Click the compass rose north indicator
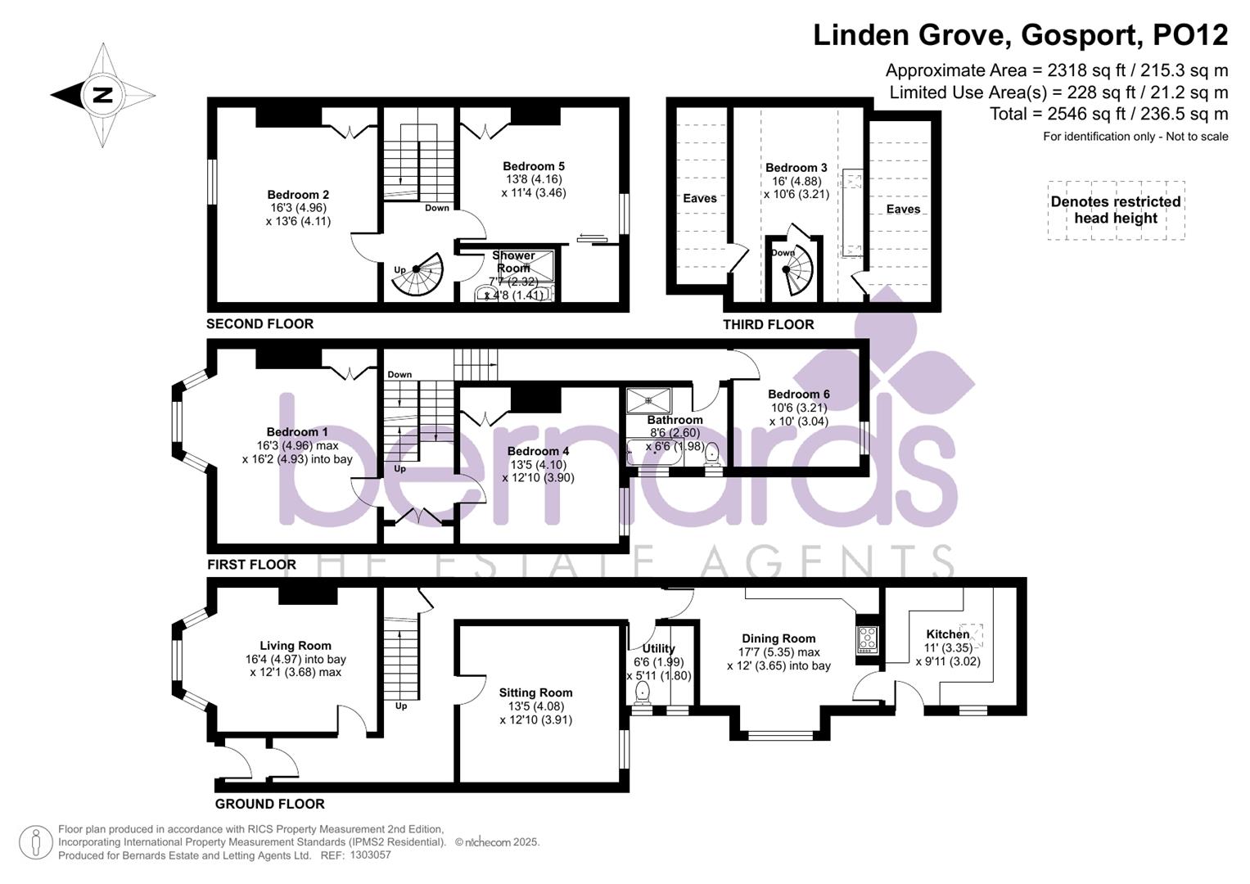[102, 95]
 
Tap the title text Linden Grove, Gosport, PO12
[1020, 35]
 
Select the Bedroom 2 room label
[298, 195]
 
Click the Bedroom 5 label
[534, 166]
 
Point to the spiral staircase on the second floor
[417, 275]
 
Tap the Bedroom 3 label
[796, 168]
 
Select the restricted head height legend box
[1116, 210]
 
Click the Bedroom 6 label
[798, 395]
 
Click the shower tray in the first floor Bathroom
[648, 400]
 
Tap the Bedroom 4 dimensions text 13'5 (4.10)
[538, 464]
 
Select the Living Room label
[296, 646]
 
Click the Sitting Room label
[535, 692]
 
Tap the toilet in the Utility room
[643, 692]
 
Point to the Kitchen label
[947, 634]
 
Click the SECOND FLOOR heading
[259, 324]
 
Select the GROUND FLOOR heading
[269, 804]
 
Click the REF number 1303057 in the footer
[370, 855]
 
